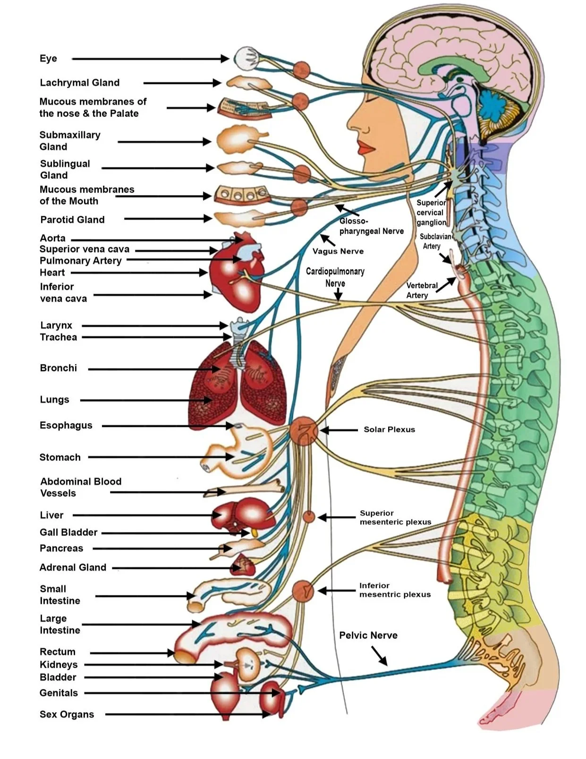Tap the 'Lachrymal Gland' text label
point(80,83)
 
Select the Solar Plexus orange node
point(304,431)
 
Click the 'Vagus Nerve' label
point(338,251)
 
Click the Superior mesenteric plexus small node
point(308,517)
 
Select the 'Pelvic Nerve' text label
point(368,635)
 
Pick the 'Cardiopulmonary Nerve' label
point(335,277)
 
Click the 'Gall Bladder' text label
point(68,532)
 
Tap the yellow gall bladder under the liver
point(255,533)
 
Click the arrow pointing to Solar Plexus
point(338,430)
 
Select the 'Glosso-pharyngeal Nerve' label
point(371,226)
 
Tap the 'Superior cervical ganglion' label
point(431,213)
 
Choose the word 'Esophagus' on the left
point(66,426)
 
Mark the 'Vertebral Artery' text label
point(422,290)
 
